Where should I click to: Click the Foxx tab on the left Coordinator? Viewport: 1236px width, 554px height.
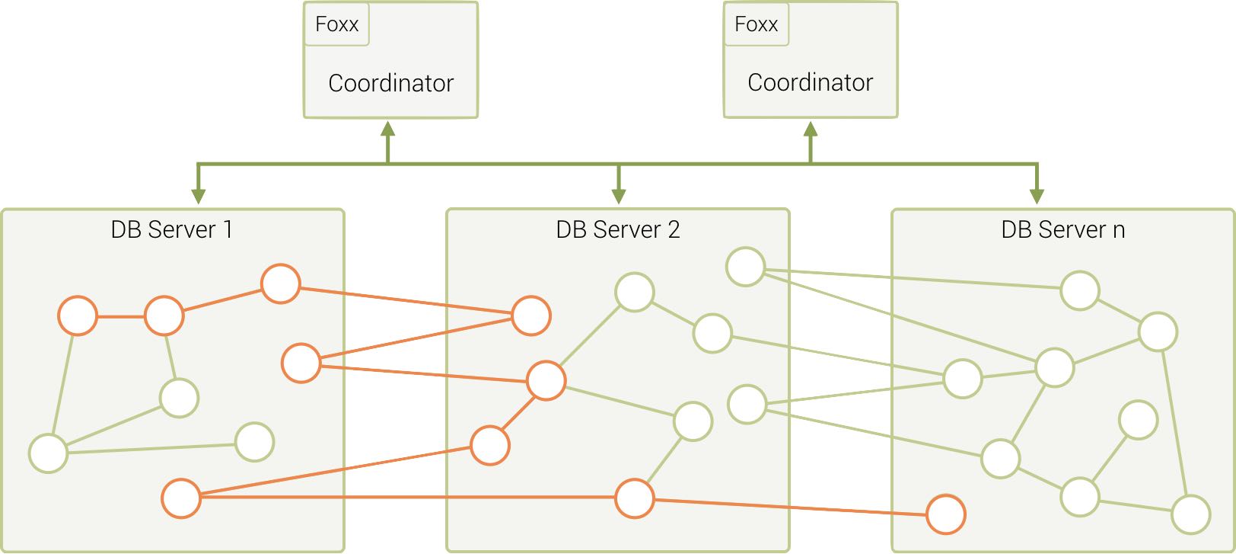click(x=336, y=24)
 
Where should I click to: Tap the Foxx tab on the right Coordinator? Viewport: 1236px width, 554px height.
click(x=756, y=24)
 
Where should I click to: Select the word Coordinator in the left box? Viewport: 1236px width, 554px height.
click(x=390, y=83)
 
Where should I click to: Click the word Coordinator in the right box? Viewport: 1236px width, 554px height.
click(x=810, y=82)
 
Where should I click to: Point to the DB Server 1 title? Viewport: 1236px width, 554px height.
click(x=171, y=229)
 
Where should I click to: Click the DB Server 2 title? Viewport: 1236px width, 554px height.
click(x=617, y=229)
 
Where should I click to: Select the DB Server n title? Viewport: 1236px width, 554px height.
click(x=1062, y=229)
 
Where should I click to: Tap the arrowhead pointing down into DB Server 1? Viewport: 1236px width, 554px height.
click(x=199, y=195)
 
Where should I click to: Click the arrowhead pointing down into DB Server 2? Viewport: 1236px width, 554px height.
click(x=618, y=195)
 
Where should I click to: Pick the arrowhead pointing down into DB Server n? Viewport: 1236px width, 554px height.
click(x=1037, y=195)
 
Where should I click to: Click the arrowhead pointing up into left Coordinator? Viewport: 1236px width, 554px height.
click(x=388, y=129)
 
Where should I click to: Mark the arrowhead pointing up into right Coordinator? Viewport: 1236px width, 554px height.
click(x=811, y=129)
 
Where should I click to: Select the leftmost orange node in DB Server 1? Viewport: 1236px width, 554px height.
click(x=78, y=315)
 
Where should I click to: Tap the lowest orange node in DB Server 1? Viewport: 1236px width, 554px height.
click(x=181, y=498)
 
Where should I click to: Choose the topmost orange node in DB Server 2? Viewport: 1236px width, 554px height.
click(x=531, y=315)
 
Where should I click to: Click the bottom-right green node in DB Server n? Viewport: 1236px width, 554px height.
click(x=1190, y=514)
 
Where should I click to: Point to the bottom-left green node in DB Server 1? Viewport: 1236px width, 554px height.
click(x=49, y=453)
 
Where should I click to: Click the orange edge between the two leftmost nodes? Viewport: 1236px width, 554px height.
click(x=120, y=316)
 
